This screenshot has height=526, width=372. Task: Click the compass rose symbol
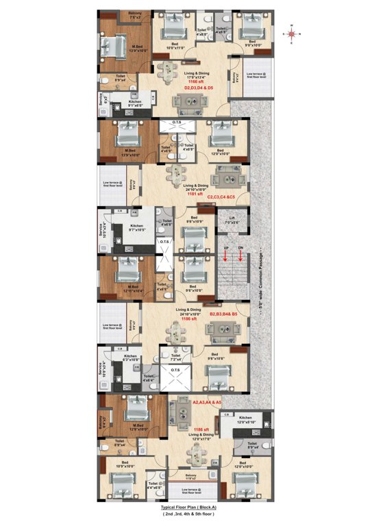click(291, 31)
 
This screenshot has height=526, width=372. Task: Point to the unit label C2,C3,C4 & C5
click(222, 197)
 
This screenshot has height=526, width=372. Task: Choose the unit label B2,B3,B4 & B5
click(224, 314)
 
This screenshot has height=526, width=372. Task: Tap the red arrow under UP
click(225, 256)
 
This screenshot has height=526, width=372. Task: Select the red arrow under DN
click(240, 256)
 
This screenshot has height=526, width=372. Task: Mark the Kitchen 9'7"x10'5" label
click(137, 227)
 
